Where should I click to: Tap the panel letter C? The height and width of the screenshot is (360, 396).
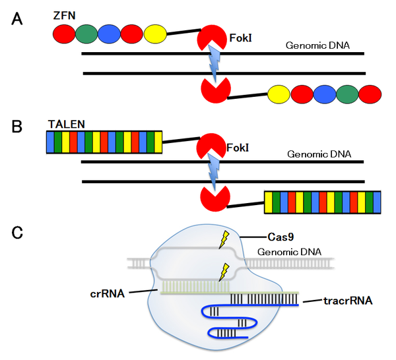tap(20, 232)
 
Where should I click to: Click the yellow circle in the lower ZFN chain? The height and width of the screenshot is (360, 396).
tap(280, 94)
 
